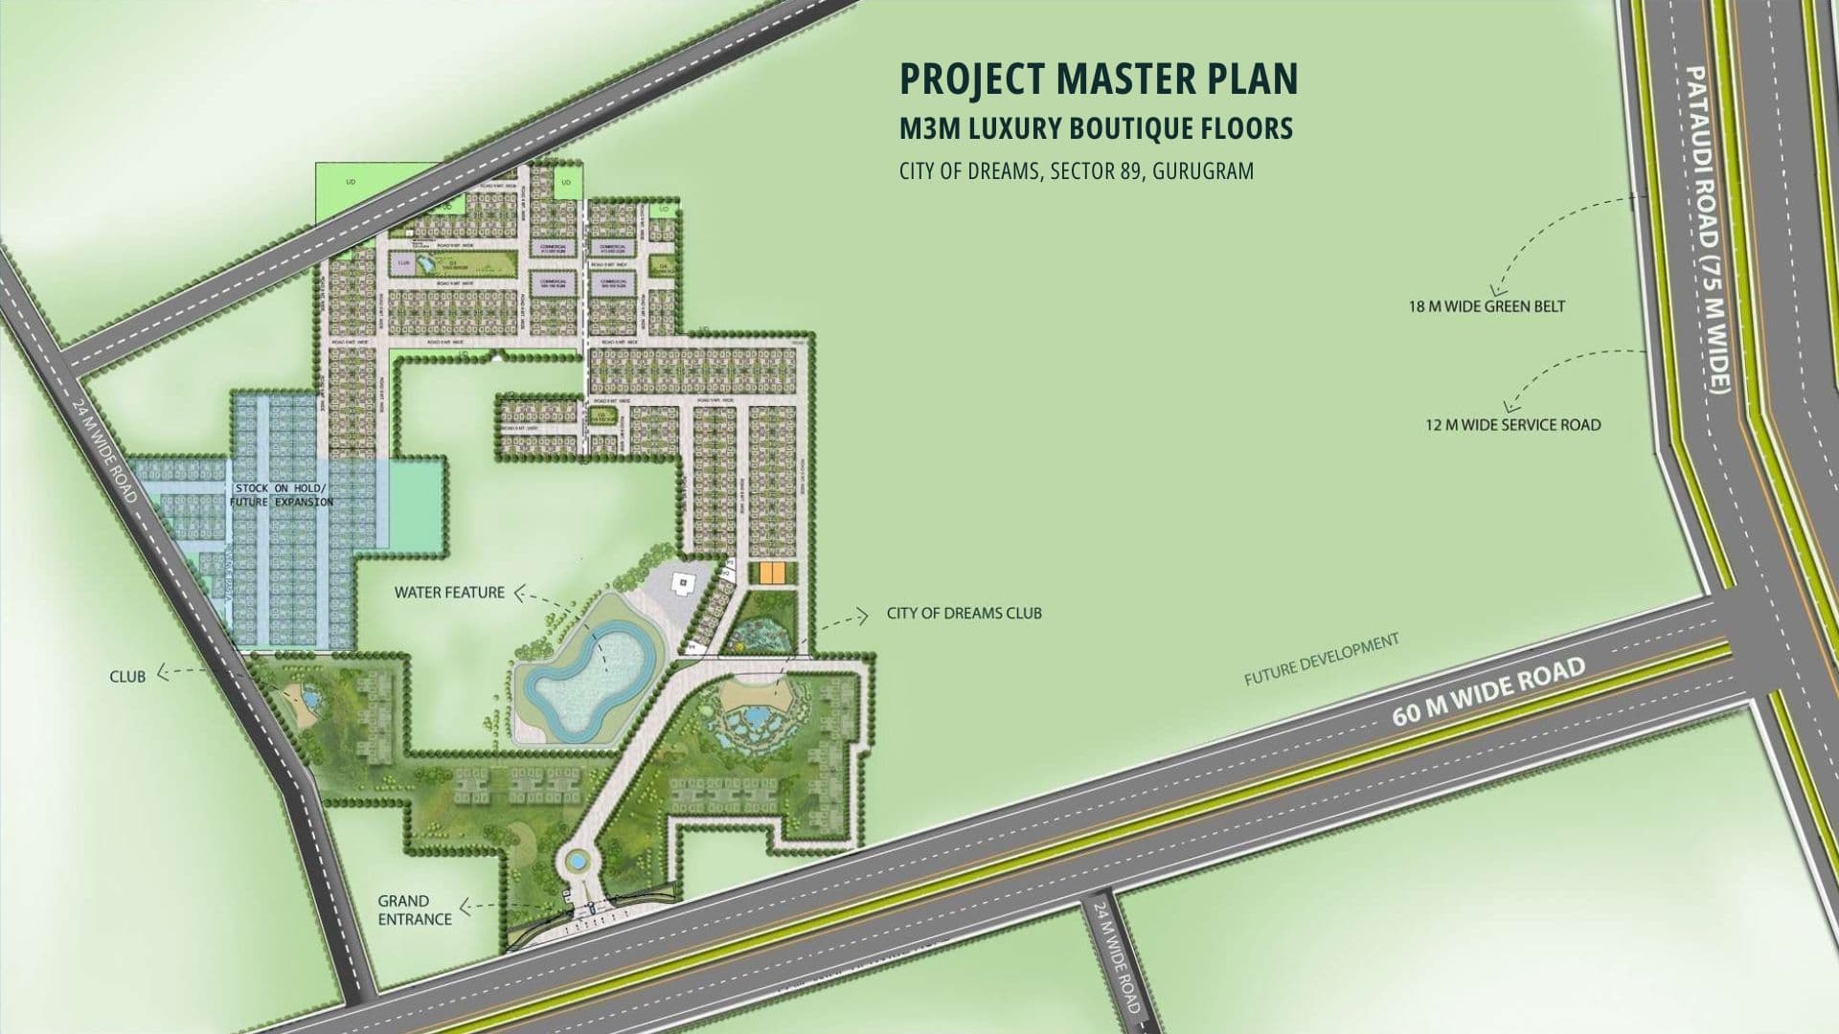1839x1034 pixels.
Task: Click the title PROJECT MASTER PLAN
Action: click(x=1099, y=79)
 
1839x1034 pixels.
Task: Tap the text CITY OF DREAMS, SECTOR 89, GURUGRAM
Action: click(x=1076, y=171)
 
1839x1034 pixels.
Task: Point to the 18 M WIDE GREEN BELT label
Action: click(x=1487, y=307)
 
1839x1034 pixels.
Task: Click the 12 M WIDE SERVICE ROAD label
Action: click(x=1512, y=425)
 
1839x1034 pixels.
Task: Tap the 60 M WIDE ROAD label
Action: click(x=1488, y=691)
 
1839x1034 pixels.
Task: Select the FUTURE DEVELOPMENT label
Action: click(x=1322, y=660)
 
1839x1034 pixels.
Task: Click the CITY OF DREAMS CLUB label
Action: click(x=964, y=613)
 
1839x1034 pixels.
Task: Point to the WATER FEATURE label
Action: click(x=449, y=593)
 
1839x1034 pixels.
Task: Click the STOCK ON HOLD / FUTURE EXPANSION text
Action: click(x=282, y=495)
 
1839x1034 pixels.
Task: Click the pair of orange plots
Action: click(x=772, y=573)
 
